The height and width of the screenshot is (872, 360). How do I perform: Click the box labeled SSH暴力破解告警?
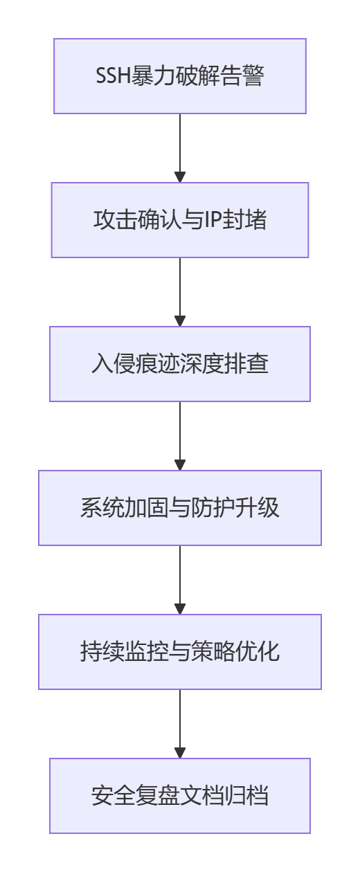click(x=180, y=76)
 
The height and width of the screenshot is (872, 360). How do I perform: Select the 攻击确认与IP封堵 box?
click(x=180, y=220)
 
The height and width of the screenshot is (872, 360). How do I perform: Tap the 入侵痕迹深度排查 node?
click(x=180, y=364)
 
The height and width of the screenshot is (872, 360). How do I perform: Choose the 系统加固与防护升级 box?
click(x=180, y=508)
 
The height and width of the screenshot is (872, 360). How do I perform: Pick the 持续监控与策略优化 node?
click(x=180, y=652)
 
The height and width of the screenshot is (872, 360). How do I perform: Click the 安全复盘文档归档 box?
click(x=180, y=796)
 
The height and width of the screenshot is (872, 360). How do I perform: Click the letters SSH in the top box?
click(x=111, y=76)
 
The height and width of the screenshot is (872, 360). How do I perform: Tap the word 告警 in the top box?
click(x=246, y=76)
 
